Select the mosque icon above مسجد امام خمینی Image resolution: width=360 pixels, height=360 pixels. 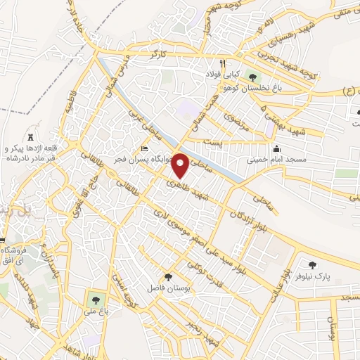[276, 148]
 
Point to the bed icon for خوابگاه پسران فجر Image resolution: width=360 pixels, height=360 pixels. [144, 148]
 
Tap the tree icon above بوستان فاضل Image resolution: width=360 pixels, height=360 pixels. [168, 277]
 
